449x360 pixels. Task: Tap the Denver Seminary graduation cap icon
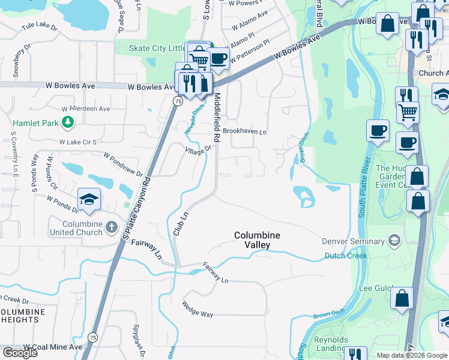click(394, 241)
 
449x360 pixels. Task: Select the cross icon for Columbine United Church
click(111, 227)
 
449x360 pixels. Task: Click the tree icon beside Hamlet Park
click(68, 122)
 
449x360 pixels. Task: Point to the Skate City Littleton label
click(158, 49)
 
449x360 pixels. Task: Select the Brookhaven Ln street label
click(244, 130)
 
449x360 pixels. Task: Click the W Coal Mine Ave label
click(53, 347)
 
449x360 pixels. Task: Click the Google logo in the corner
click(20, 353)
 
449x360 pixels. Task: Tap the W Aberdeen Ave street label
click(86, 109)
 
